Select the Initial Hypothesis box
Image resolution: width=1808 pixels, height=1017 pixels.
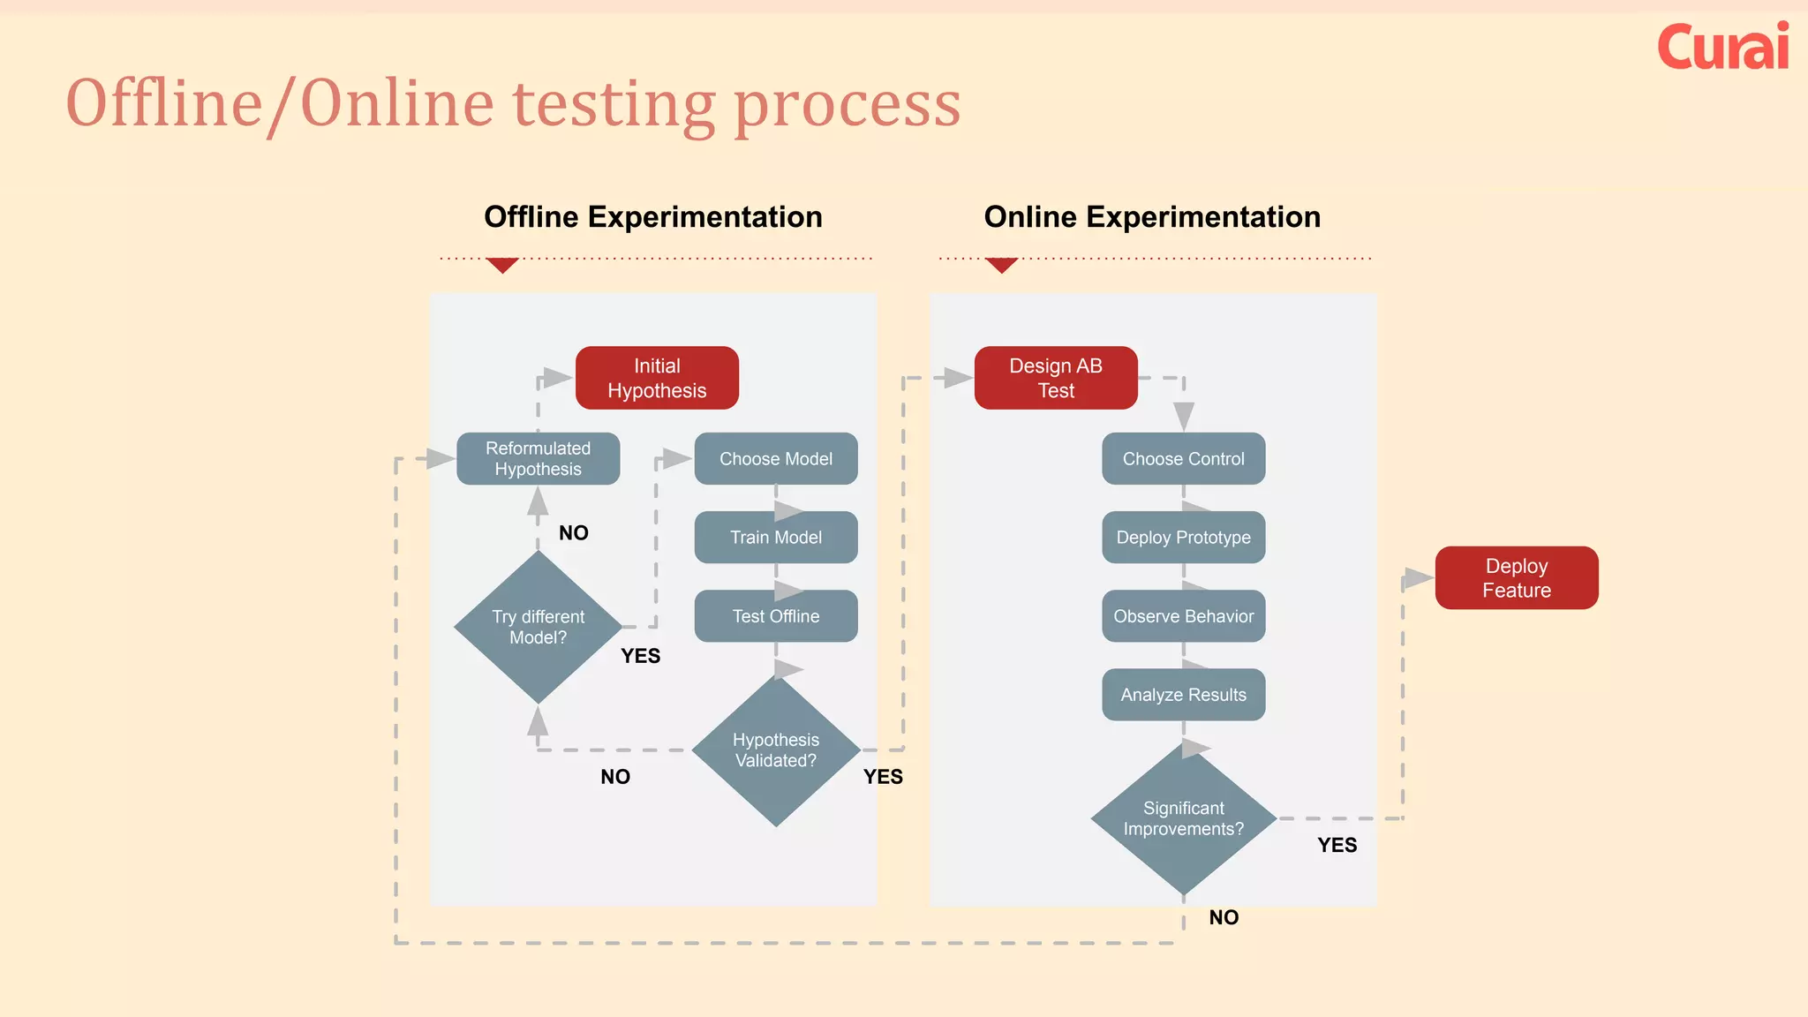[x=657, y=378]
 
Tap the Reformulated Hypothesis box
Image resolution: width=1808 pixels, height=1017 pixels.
[x=538, y=458]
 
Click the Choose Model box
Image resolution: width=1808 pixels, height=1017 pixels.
[x=775, y=458]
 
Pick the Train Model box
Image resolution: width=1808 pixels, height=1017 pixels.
[x=775, y=537]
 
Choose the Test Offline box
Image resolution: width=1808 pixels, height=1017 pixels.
[x=775, y=616]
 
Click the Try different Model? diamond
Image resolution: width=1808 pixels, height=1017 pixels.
[x=538, y=627]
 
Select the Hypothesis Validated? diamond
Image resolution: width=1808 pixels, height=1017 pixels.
[x=775, y=750]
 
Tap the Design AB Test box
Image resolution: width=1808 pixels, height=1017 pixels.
[x=1056, y=378]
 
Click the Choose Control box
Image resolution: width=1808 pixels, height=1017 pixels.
[x=1183, y=458]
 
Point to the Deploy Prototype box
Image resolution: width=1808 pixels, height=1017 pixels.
[x=1183, y=537]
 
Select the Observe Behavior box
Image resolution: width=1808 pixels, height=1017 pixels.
[x=1183, y=616]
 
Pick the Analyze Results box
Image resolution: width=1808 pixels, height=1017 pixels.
[x=1183, y=695]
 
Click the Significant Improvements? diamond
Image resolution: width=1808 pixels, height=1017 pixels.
[x=1183, y=818]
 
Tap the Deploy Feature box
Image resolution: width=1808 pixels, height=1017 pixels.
[x=1516, y=578]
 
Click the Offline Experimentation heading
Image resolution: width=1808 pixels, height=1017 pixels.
[x=653, y=217]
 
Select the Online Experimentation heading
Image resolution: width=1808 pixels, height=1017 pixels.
[x=1152, y=217]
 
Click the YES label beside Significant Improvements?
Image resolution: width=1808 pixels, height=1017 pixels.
[x=1337, y=845]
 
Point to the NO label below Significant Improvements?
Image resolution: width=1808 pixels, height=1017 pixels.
[x=1224, y=917]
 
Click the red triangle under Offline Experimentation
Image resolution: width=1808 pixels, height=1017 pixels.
[x=502, y=265]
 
